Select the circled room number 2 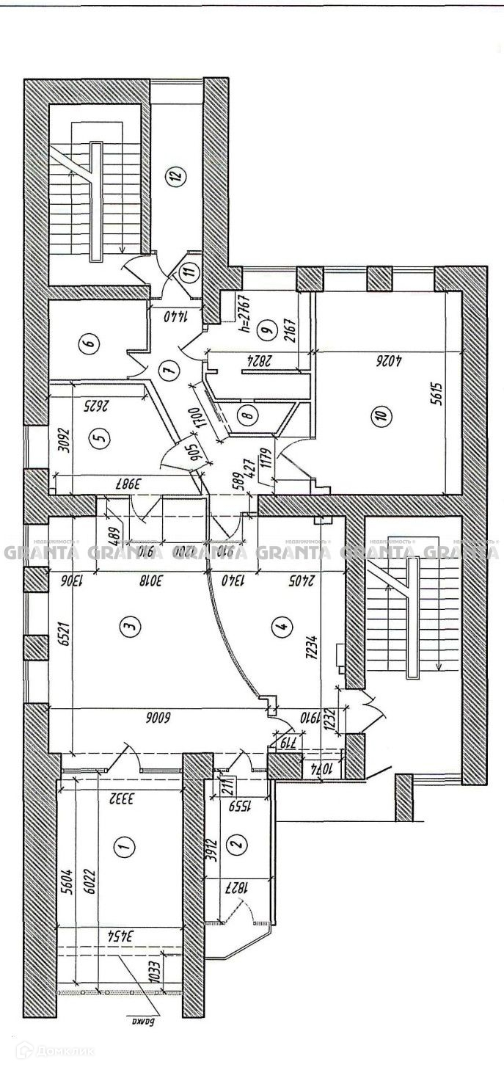[236, 845]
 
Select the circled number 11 [190, 272]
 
